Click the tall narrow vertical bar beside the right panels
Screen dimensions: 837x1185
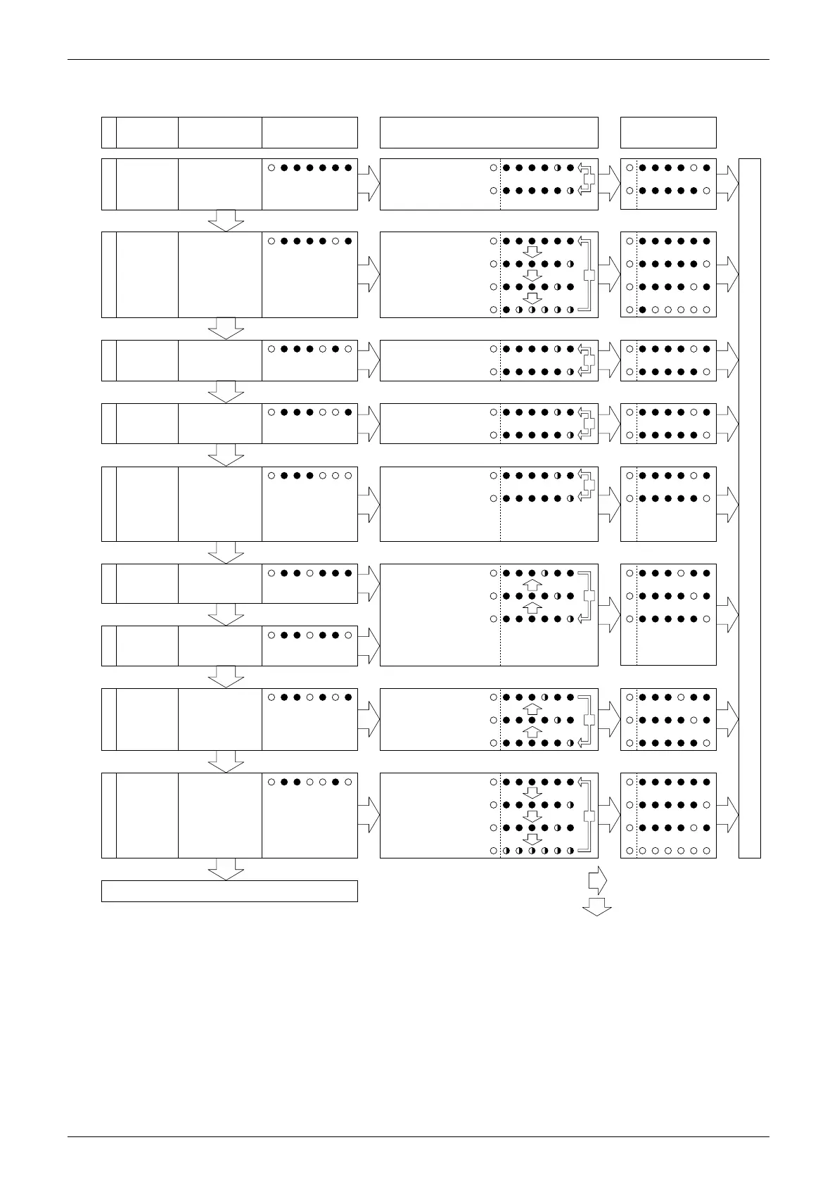pyautogui.click(x=750, y=508)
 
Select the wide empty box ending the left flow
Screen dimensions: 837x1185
pyautogui.click(x=229, y=891)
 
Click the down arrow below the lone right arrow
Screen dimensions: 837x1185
pyautogui.click(x=596, y=906)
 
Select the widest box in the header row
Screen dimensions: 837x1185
pyautogui.click(x=489, y=132)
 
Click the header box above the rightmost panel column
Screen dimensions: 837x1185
pyautogui.click(x=668, y=132)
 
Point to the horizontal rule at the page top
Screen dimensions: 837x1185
pyautogui.click(x=419, y=60)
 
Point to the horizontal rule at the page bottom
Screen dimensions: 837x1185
pyautogui.click(x=419, y=1136)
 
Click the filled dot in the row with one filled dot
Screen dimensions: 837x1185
pyautogui.click(x=642, y=310)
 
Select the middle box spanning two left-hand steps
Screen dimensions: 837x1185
pyautogui.click(x=440, y=614)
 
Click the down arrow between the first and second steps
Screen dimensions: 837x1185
pyautogui.click(x=226, y=220)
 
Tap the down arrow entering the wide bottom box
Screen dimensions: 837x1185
pyautogui.click(x=226, y=869)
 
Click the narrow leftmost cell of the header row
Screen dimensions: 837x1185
pyautogui.click(x=108, y=132)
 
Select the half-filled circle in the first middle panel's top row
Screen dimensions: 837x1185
pyautogui.click(x=558, y=168)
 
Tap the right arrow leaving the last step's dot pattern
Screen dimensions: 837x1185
pyautogui.click(x=369, y=815)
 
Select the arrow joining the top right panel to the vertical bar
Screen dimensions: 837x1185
pyautogui.click(x=727, y=184)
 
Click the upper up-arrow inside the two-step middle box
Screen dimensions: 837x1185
pyautogui.click(x=532, y=585)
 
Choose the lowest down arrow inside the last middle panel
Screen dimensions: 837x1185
pyautogui.click(x=532, y=839)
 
